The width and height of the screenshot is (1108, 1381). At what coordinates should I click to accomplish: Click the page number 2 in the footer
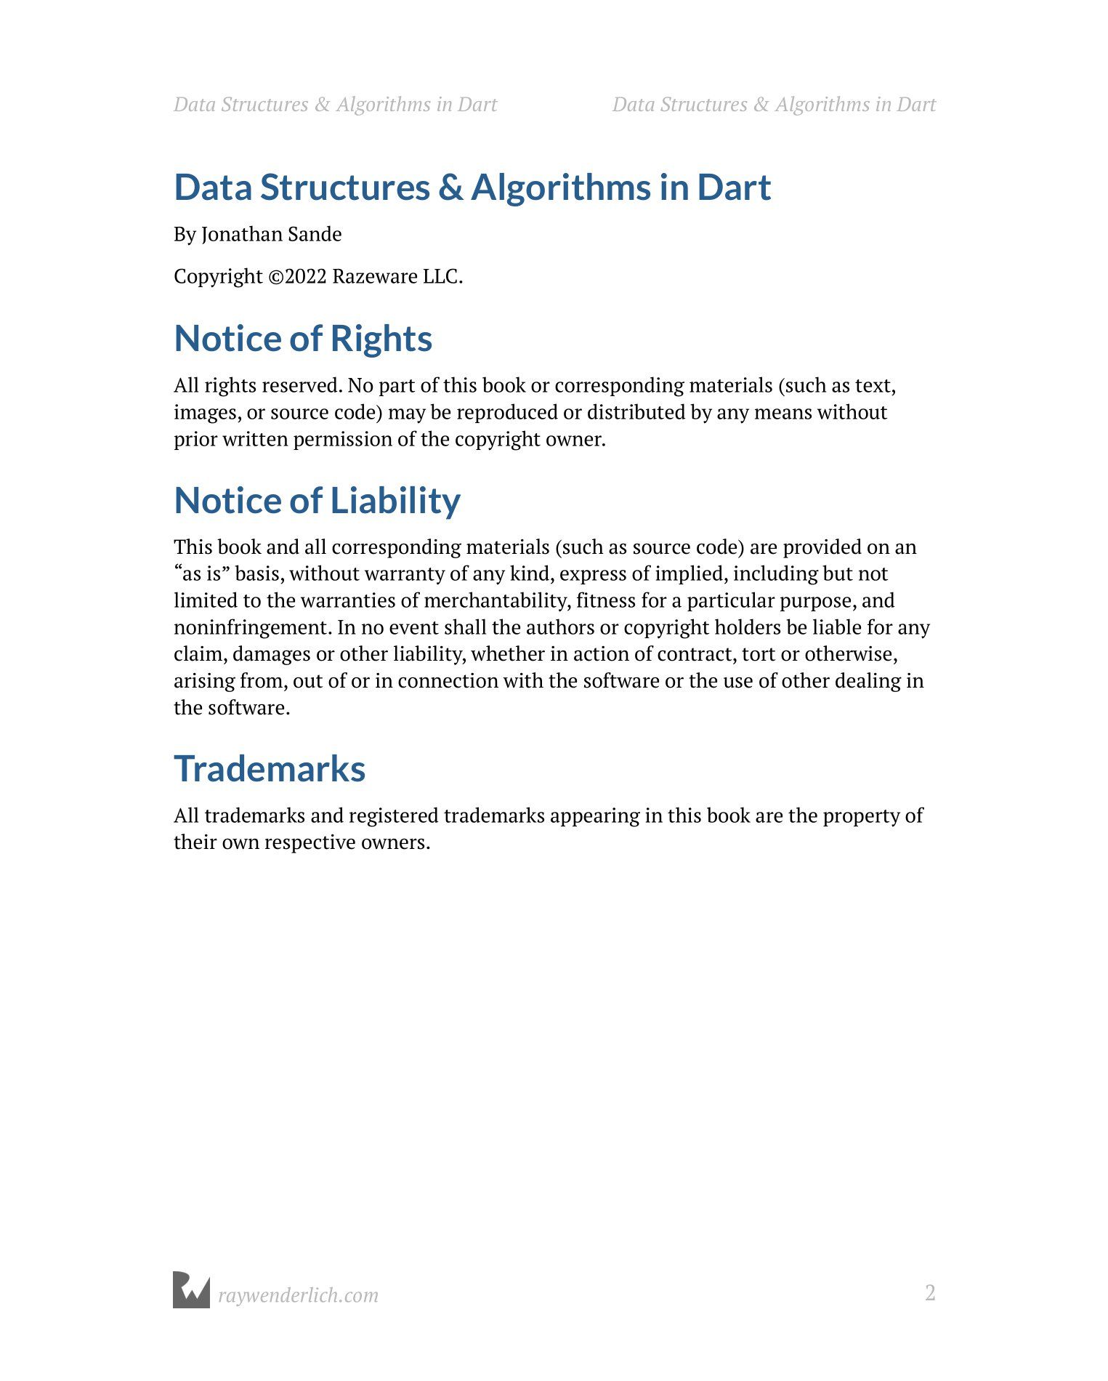[930, 1293]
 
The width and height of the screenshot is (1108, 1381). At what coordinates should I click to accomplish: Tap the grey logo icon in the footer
[191, 1290]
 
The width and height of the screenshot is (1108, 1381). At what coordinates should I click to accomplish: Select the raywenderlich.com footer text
[298, 1295]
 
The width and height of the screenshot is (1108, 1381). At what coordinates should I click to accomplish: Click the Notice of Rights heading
[303, 339]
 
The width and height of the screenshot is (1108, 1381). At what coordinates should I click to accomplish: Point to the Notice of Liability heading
[317, 501]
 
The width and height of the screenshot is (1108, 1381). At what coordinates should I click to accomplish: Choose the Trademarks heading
[270, 769]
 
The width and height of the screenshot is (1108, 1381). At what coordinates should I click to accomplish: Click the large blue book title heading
[472, 188]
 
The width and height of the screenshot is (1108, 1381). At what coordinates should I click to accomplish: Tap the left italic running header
[335, 105]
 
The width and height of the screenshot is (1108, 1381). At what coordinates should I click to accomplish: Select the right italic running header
[774, 105]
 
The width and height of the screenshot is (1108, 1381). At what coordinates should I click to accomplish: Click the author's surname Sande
[315, 234]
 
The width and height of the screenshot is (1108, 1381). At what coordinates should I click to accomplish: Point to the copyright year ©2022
[297, 277]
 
